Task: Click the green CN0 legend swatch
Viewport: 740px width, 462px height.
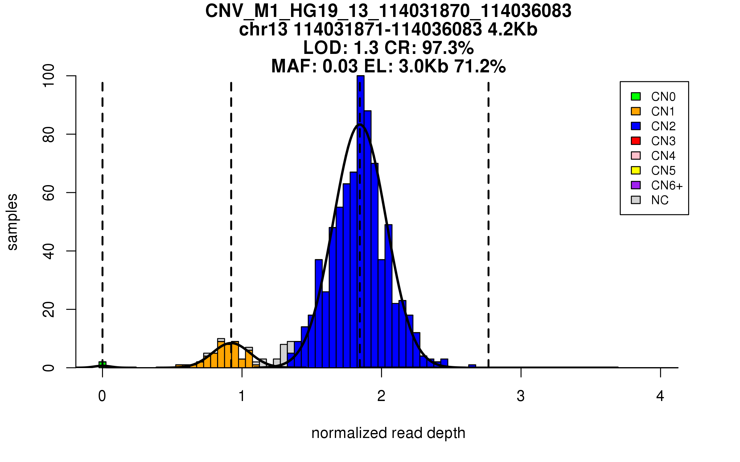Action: (636, 96)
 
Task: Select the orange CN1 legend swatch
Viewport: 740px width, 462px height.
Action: (636, 111)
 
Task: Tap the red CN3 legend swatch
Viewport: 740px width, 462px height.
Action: (636, 141)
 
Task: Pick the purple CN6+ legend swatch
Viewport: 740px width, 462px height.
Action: (636, 185)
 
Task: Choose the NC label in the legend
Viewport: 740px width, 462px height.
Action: (660, 200)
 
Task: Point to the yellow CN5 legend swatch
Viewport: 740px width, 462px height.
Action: (636, 170)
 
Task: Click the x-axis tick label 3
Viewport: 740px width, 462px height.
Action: (521, 396)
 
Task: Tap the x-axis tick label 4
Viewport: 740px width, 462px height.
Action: (660, 396)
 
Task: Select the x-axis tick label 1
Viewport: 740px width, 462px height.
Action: (242, 396)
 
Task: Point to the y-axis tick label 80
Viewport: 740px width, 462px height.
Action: (49, 134)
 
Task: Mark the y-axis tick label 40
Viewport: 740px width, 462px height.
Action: (49, 251)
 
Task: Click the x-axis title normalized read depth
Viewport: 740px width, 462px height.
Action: (388, 433)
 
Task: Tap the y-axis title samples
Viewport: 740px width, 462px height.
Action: (12, 222)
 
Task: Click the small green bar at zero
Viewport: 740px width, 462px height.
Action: (102, 365)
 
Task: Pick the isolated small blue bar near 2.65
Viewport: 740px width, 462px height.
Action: (472, 366)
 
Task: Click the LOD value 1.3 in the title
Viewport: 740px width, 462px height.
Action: (366, 48)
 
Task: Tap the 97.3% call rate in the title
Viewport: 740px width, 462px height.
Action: (448, 48)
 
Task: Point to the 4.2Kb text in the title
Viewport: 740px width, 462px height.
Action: (512, 30)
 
